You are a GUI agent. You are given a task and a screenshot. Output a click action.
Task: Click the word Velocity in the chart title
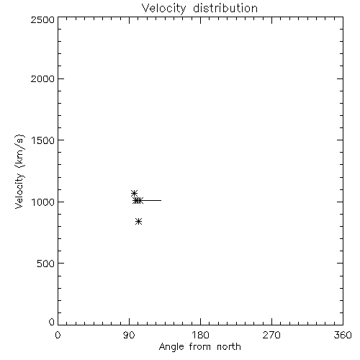(x=163, y=9)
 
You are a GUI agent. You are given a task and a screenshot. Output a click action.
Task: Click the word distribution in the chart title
(x=225, y=8)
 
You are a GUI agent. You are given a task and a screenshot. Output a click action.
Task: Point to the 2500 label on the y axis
(x=42, y=19)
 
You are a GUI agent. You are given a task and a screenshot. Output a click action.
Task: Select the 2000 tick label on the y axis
(x=42, y=78)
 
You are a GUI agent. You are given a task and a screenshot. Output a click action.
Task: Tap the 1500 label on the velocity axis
(x=43, y=140)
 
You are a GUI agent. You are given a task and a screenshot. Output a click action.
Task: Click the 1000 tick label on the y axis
(x=43, y=202)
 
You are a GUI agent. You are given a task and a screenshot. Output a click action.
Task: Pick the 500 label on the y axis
(x=46, y=264)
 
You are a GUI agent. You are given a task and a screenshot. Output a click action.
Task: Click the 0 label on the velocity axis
(x=52, y=322)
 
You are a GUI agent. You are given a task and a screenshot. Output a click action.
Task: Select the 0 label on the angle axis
(x=58, y=335)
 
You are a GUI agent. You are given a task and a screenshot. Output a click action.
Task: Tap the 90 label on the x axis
(x=129, y=335)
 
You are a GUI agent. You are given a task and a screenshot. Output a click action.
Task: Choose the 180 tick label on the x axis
(x=200, y=335)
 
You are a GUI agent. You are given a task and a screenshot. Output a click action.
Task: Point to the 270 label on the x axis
(x=271, y=335)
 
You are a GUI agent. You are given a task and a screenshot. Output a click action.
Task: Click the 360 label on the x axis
(x=343, y=335)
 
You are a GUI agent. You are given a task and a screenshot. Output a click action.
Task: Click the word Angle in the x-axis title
(x=171, y=347)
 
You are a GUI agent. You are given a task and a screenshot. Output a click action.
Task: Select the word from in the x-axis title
(x=200, y=346)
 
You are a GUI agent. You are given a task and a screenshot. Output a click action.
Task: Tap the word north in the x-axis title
(x=229, y=346)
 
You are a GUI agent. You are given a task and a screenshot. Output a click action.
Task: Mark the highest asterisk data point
(x=134, y=193)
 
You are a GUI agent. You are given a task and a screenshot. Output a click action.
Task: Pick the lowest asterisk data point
(x=138, y=221)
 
